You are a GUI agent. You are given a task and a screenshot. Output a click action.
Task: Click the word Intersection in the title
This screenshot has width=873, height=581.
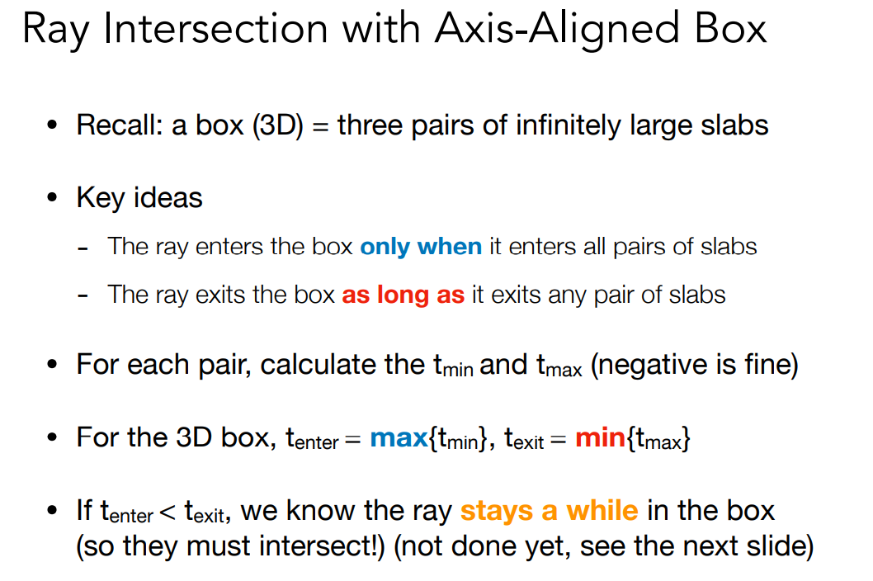215,28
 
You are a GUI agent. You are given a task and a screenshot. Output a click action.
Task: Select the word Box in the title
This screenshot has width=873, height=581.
730,28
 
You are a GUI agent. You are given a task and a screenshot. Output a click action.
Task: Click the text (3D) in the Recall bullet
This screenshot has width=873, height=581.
277,125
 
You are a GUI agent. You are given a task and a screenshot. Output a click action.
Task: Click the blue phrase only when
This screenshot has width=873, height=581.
421,246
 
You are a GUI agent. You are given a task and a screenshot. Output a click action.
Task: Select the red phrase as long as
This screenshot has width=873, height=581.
403,295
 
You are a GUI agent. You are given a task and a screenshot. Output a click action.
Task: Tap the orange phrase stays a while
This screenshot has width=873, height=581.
550,511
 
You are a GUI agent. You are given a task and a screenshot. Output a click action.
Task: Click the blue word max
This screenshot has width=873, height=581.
399,438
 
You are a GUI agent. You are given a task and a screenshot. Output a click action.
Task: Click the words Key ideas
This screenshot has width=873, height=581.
139,198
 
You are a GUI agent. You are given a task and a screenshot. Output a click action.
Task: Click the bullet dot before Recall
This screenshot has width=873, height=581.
52,125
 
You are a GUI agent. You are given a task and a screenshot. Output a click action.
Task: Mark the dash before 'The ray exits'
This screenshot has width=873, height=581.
83,297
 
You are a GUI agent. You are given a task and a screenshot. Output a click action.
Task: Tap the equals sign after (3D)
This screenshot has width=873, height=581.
320,126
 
